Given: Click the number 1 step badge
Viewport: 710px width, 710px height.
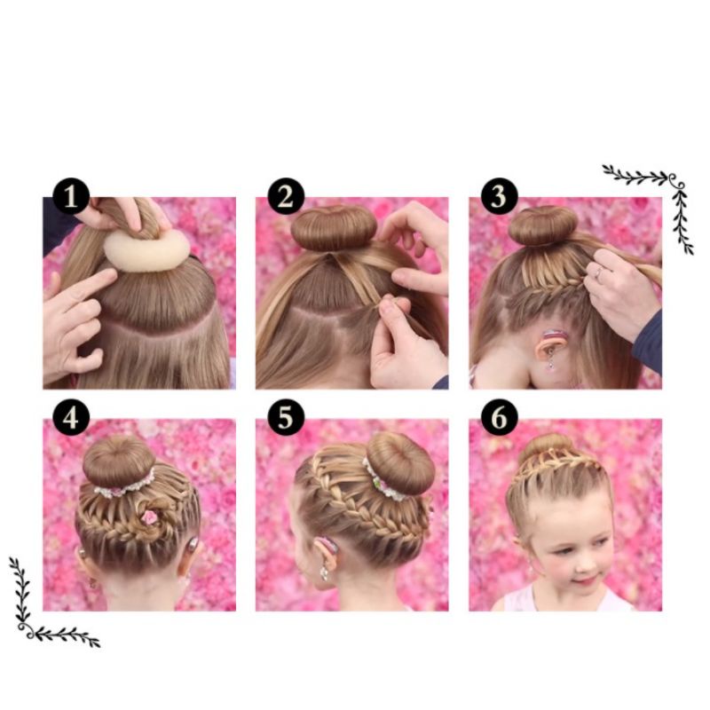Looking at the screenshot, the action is coord(71,196).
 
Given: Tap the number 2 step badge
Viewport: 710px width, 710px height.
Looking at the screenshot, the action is coord(286,196).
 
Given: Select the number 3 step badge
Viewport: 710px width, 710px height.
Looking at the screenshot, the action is coord(499,196).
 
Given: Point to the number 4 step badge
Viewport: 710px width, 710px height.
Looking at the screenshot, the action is coord(71,417).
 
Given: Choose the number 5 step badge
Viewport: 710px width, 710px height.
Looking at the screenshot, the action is coord(286,417).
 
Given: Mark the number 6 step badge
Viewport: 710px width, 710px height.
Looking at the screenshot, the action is coord(499,417).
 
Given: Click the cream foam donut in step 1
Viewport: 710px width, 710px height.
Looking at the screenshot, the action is coord(146,250).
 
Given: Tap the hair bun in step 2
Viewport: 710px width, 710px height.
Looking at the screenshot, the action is coord(334,228).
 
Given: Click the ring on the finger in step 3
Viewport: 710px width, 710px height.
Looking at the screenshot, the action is coord(598,272).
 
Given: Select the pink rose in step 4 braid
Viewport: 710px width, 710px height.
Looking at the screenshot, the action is coord(148,517).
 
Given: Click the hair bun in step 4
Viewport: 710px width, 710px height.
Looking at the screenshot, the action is coord(119,461).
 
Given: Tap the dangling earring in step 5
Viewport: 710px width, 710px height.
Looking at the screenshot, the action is coord(325,573).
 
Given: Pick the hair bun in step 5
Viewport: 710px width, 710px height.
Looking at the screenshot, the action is coord(400,462).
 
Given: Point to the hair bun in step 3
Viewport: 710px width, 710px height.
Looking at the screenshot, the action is coord(543,225).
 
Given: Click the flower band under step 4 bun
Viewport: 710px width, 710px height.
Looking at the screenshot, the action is coord(124,487).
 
